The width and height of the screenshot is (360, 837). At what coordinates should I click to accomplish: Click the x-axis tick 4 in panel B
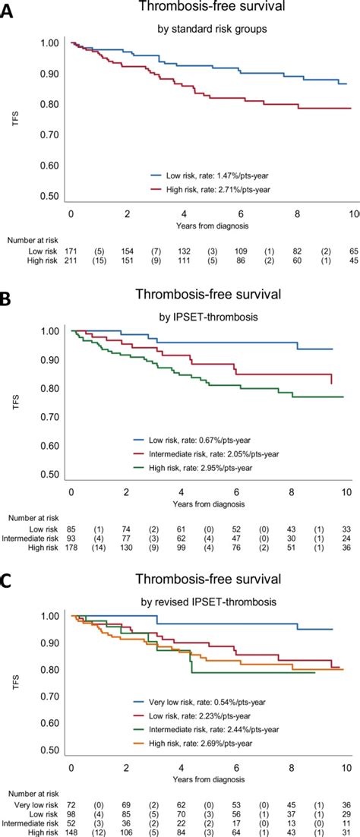pyautogui.click(x=183, y=491)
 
